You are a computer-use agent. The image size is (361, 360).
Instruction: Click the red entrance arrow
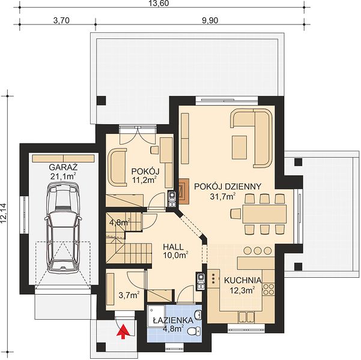tap(123, 331)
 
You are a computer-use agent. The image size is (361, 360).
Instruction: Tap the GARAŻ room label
tap(63, 167)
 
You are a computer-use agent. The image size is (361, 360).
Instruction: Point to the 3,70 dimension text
tap(61, 21)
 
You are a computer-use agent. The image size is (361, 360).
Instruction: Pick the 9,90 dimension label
tap(210, 21)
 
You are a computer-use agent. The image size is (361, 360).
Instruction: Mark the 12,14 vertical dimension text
tap(4, 213)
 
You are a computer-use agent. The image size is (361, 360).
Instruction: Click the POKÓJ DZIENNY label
tap(228, 187)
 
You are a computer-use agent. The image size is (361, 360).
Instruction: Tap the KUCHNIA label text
tap(243, 280)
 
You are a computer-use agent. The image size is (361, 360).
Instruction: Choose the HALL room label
tap(174, 247)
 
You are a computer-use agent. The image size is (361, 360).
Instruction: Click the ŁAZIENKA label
tap(173, 320)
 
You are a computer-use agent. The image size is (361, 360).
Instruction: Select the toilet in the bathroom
tap(194, 331)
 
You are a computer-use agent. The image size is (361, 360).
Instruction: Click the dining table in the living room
tap(264, 214)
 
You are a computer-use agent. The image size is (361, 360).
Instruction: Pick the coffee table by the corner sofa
tap(239, 147)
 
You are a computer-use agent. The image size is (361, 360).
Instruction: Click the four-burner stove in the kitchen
tap(268, 289)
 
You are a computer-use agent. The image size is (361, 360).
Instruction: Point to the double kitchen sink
tap(246, 317)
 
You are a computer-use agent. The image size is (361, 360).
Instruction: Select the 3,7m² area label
tap(129, 295)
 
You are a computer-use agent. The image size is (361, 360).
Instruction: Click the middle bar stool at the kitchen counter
tap(258, 251)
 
